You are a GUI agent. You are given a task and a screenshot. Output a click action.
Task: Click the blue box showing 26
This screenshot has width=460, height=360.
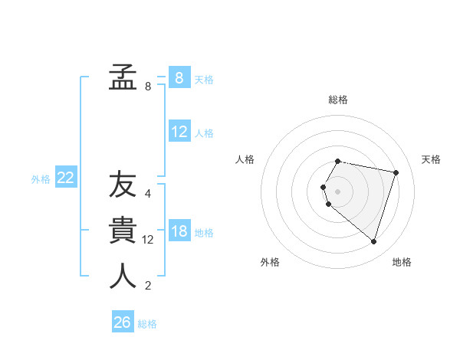coord(123,322)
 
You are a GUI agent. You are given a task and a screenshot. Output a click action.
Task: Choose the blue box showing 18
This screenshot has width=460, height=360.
coord(179,231)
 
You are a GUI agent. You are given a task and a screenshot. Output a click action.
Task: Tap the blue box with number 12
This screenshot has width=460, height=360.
coord(179,132)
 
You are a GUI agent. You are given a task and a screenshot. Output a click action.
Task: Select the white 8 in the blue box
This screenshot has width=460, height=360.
coord(179,77)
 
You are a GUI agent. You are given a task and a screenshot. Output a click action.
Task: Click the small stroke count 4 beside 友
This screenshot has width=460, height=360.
coord(148,194)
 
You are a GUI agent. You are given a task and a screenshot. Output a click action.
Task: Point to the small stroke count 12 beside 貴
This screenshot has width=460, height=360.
coord(148,240)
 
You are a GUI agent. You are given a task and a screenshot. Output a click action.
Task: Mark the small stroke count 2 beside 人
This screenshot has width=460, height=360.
coord(148,286)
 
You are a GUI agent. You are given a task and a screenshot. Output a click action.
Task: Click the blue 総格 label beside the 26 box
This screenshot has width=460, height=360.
coord(147,324)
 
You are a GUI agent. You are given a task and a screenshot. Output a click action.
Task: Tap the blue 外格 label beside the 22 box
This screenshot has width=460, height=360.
coord(41,179)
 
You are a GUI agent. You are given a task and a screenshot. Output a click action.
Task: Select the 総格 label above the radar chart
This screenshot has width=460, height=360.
coord(338,100)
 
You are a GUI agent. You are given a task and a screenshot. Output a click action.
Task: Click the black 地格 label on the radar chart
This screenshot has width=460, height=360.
coord(402,262)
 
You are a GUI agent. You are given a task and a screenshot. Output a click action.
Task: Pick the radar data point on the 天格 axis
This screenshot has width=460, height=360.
coord(396,172)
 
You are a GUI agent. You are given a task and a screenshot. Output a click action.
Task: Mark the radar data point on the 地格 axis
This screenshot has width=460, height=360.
coord(373,242)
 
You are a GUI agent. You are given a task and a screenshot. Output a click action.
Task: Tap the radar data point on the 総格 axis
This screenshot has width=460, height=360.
coord(338,162)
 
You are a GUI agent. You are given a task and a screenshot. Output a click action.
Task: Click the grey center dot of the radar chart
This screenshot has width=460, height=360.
coord(338,191)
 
